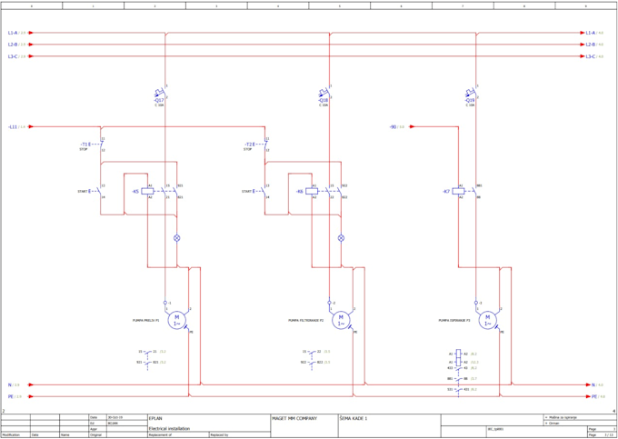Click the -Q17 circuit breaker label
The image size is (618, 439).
159,100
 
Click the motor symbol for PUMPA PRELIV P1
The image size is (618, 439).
178,320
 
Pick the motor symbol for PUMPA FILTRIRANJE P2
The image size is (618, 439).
341,320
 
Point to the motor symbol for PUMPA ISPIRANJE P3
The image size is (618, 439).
488,320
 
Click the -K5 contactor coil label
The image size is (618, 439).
135,192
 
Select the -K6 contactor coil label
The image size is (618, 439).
300,192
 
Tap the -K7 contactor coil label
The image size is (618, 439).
446,192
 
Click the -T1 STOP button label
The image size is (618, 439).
85,145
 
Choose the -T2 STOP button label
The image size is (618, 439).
249,145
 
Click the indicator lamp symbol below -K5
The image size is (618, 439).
177,238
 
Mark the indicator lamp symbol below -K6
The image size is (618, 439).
342,238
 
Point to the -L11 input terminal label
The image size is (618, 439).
13,127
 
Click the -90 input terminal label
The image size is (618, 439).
393,127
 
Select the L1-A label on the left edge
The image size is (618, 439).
13,33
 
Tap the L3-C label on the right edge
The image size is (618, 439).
591,56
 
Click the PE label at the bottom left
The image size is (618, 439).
11,396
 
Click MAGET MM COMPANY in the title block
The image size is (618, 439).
294,419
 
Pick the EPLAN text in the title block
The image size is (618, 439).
155,419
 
